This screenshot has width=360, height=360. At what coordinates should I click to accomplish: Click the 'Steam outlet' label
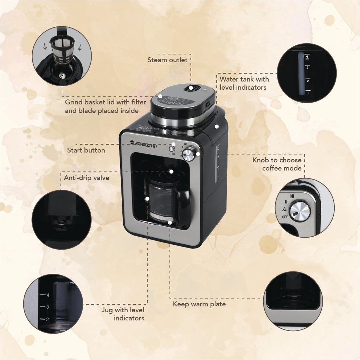click(167, 60)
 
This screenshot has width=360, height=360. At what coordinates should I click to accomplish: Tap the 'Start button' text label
click(86, 150)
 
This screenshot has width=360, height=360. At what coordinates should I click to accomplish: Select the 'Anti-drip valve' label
click(86, 178)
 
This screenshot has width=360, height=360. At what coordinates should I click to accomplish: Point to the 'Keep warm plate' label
click(199, 304)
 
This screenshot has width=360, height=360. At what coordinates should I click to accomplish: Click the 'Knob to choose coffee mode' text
click(277, 164)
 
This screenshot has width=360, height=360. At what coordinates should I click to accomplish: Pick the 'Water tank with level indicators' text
click(244, 83)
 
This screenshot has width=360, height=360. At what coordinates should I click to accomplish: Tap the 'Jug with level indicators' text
click(123, 314)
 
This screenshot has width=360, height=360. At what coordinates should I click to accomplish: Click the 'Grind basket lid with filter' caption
click(105, 102)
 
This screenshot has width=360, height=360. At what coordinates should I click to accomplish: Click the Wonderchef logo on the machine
click(144, 144)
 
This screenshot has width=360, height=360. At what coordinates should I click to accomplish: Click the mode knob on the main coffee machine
click(188, 155)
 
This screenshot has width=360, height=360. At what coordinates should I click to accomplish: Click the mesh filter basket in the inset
click(63, 50)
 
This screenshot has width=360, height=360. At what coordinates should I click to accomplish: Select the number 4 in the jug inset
click(48, 295)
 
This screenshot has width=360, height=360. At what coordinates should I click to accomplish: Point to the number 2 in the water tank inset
click(308, 81)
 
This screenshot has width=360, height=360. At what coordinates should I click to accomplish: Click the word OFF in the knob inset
click(285, 217)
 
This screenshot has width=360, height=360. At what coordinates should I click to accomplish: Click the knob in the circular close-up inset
click(300, 211)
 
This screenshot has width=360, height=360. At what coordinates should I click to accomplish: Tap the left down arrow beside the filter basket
click(45, 47)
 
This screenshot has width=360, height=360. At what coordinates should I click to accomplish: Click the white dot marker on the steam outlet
click(191, 88)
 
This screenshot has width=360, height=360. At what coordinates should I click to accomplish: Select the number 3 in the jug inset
click(47, 307)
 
